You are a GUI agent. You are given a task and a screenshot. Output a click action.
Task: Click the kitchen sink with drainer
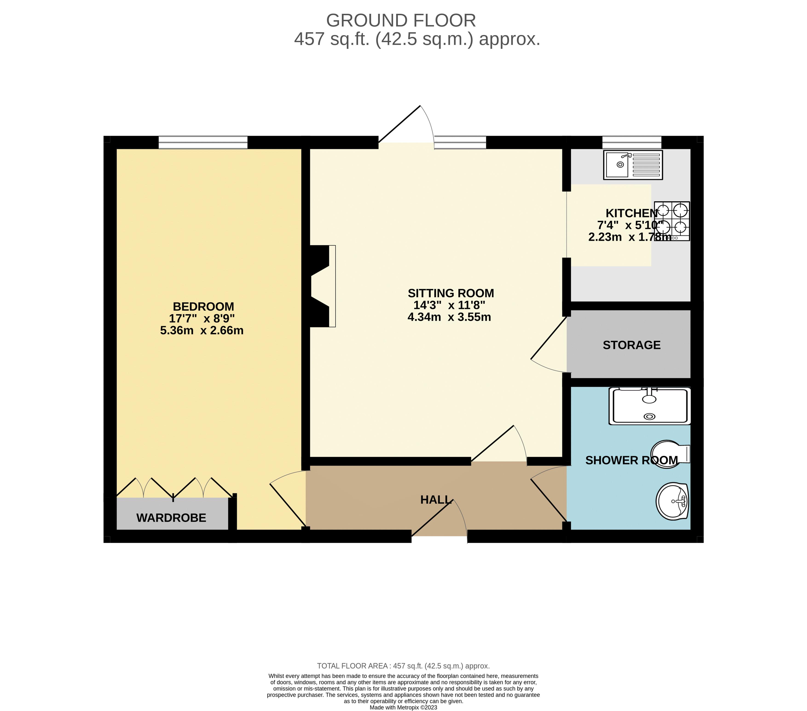point(633,165)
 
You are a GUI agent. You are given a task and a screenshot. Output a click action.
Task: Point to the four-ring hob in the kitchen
point(672,221)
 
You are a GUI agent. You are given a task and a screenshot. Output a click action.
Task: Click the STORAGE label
point(631,345)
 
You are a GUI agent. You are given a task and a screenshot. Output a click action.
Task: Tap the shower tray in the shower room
point(649,406)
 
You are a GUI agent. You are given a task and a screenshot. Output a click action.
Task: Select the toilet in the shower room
point(669,454)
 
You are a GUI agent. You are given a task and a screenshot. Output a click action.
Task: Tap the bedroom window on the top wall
point(203,142)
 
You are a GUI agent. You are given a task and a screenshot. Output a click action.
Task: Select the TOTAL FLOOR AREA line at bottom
point(403,666)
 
